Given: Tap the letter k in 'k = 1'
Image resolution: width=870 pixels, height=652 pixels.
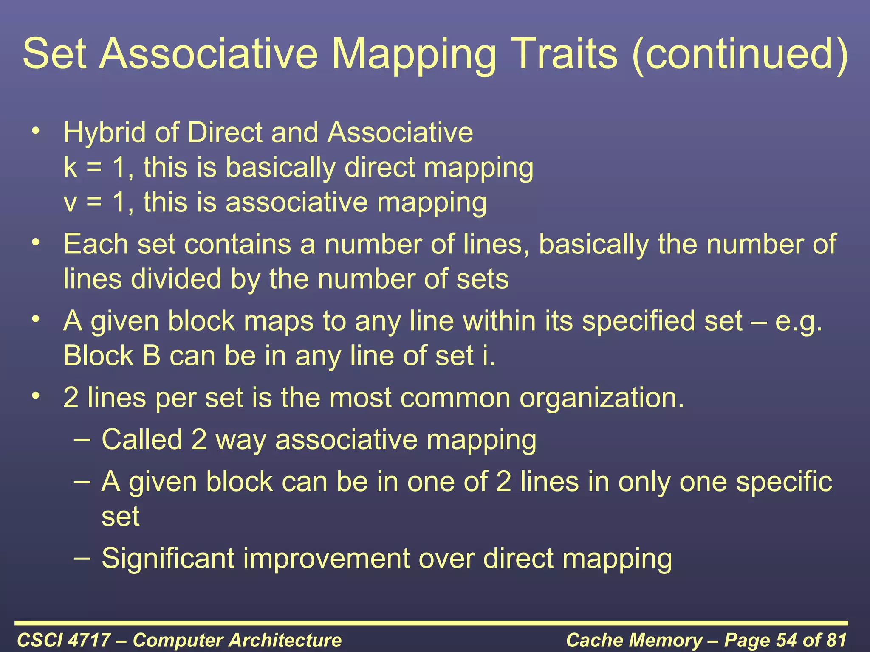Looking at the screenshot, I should [70, 167].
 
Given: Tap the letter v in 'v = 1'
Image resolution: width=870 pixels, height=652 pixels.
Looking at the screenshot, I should [70, 203].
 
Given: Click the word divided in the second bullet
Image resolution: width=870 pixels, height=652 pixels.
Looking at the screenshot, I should [176, 279].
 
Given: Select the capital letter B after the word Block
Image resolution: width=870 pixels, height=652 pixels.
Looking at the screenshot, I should [151, 356].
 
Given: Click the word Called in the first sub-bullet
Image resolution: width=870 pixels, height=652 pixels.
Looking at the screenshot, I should [142, 439].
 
